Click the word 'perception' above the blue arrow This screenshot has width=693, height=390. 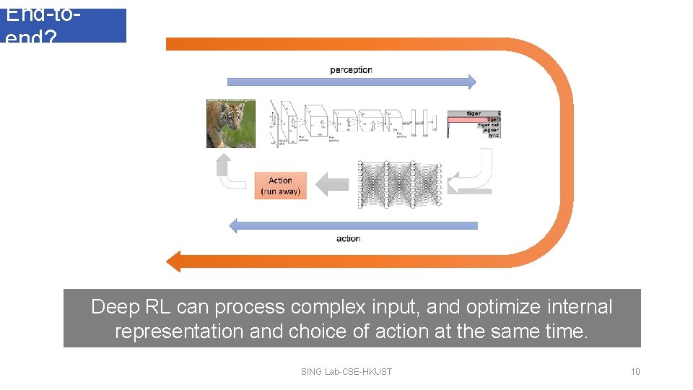coord(351,70)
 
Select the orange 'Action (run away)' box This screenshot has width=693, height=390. coord(280,186)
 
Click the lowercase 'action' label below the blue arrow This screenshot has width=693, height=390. coord(348,238)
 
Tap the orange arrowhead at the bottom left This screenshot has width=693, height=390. coord(174,261)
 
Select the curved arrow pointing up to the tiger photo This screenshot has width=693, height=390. coord(230,173)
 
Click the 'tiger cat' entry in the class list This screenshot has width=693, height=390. coord(489,125)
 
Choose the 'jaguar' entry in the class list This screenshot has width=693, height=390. coord(492,130)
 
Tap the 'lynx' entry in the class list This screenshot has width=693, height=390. coord(494,135)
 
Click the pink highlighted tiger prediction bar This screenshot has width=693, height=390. coord(473,119)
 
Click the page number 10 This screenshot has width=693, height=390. coord(635,372)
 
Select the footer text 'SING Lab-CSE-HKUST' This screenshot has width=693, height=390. coord(346,372)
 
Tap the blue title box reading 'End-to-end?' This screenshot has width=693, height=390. coord(65,25)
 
